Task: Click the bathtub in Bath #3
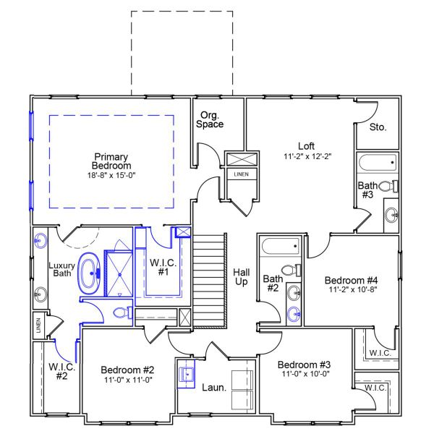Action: point(376,162)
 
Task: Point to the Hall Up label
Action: point(242,277)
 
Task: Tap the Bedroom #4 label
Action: point(352,280)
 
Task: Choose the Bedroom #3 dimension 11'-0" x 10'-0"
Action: point(305,375)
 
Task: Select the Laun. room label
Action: point(214,388)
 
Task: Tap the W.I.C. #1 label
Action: point(158,266)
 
